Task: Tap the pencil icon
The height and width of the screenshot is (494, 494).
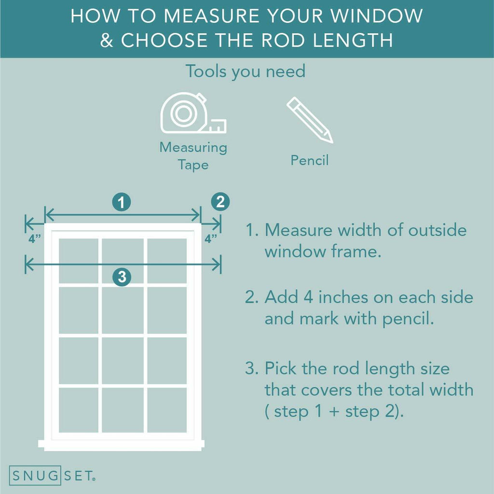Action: pos(309,120)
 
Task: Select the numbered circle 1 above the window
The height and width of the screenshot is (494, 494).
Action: pos(122,202)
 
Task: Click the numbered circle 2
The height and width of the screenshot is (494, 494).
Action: pos(220,201)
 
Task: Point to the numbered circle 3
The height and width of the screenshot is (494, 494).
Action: pos(122,277)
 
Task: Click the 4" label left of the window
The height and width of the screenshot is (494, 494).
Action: pos(35,239)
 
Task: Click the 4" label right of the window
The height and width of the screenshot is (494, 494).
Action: pos(211,239)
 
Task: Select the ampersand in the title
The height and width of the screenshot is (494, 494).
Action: pos(107,40)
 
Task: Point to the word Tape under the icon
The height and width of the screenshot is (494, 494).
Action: pos(193,165)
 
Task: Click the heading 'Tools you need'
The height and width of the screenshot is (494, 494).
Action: pos(246,71)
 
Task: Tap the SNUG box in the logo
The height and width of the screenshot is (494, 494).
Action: pos(35,475)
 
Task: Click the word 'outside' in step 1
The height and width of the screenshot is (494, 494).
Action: pos(437,230)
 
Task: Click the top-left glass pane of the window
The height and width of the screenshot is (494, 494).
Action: pos(79,261)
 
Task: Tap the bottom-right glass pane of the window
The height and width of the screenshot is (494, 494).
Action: pos(167,410)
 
